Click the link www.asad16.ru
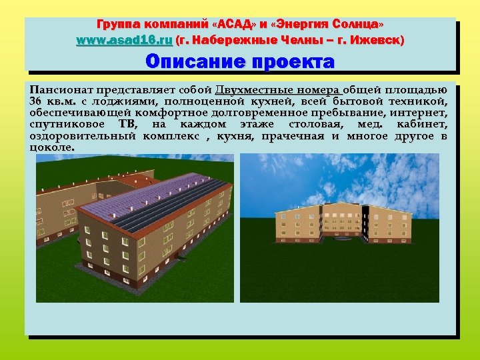tap(124, 41)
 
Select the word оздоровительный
tap(83, 136)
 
